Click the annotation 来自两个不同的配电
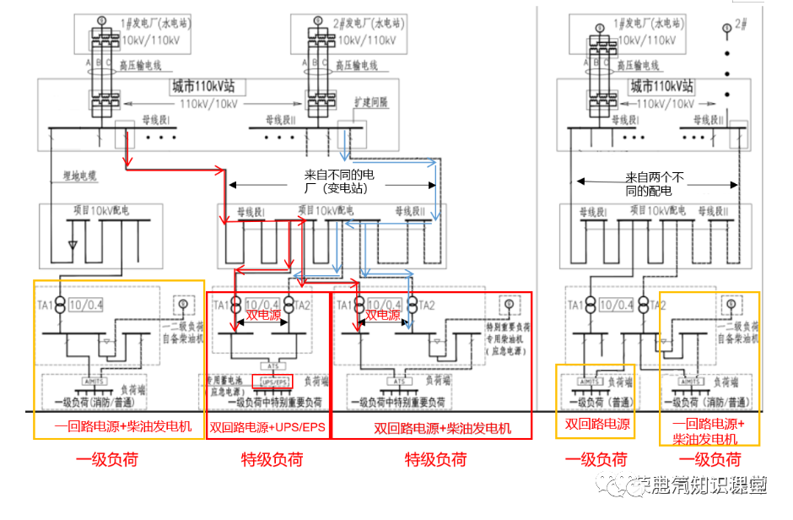click(x=655, y=184)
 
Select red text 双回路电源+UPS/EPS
click(x=267, y=426)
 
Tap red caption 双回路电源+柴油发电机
click(x=430, y=428)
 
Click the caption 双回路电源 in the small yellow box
click(x=597, y=425)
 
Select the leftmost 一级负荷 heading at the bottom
click(x=106, y=459)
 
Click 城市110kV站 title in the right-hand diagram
click(x=662, y=86)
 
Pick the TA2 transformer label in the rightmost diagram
click(x=661, y=304)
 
